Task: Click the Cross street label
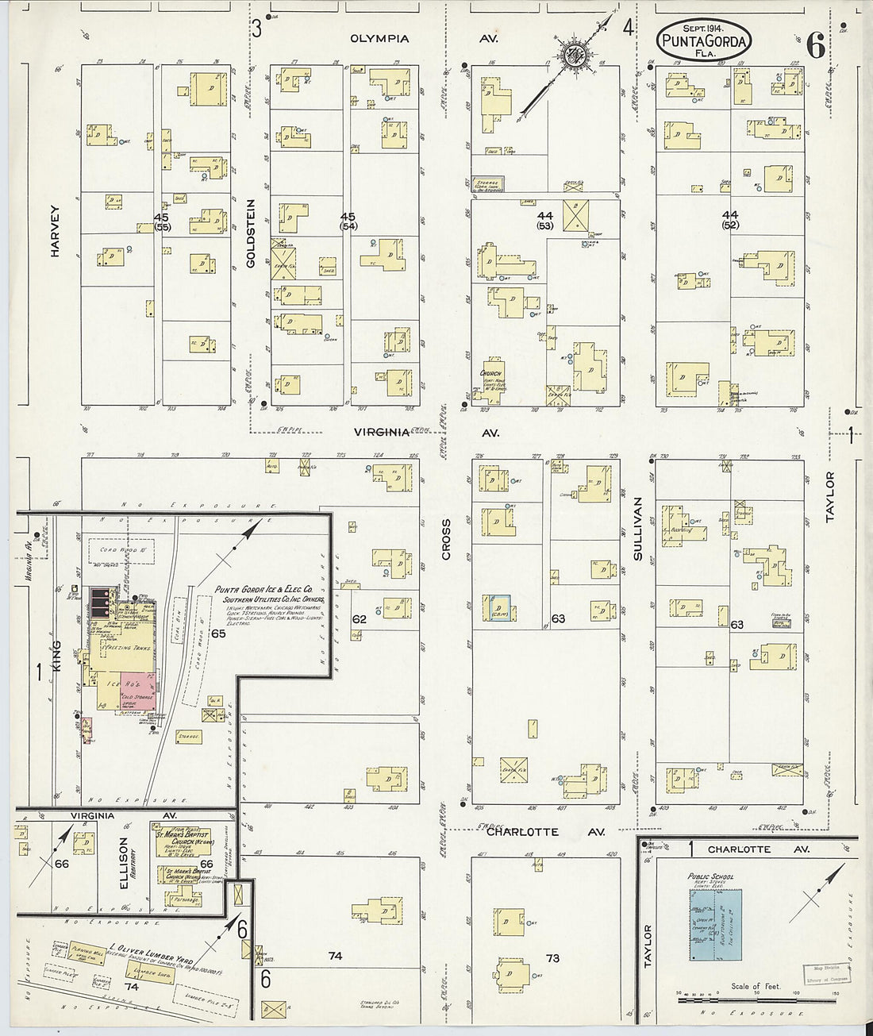(446, 540)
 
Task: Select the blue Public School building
(715, 927)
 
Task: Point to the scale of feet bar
(756, 999)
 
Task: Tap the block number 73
(552, 958)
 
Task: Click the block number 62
(359, 618)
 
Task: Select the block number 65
(218, 633)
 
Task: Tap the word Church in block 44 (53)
(492, 372)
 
